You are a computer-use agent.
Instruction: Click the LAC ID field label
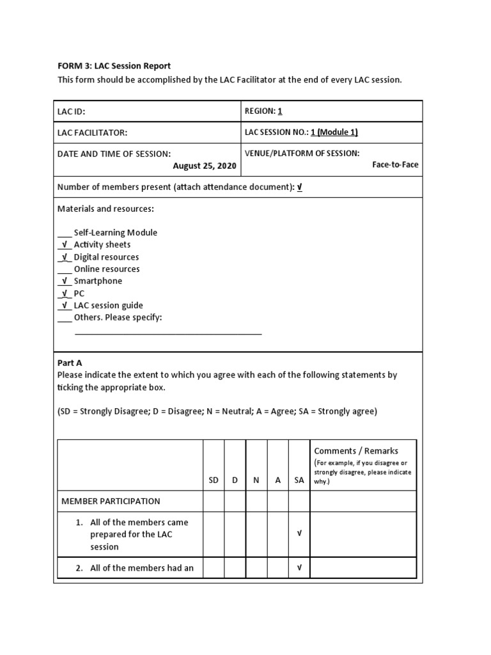71,111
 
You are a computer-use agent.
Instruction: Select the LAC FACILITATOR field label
92,132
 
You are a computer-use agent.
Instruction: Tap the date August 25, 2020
205,166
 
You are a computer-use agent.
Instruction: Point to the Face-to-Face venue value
395,164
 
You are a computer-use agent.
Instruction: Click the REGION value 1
279,111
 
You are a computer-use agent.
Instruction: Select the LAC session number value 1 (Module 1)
334,132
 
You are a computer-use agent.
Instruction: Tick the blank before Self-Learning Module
64,233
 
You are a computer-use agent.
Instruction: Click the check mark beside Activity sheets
64,245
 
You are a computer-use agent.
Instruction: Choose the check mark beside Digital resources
64,257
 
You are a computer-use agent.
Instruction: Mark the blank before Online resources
64,269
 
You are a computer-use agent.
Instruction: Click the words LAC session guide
108,306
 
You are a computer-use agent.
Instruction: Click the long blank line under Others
168,333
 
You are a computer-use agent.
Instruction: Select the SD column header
214,480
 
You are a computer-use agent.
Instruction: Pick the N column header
256,480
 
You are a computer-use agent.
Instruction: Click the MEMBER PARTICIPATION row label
111,501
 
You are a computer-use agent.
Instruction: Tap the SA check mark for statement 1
299,534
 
